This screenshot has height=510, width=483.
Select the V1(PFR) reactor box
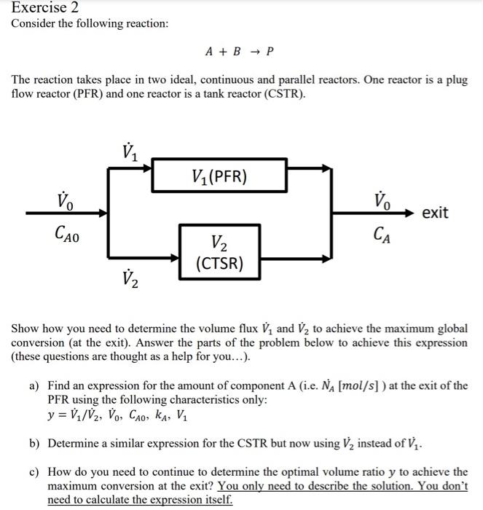pyautogui.click(x=219, y=176)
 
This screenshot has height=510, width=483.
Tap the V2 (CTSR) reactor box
pyautogui.click(x=219, y=252)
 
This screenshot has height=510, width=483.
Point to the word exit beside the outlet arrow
pyautogui.click(x=436, y=213)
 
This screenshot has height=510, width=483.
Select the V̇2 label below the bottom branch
pyautogui.click(x=133, y=278)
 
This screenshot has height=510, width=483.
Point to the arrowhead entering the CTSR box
pyautogui.click(x=175, y=258)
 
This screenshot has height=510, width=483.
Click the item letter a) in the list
pyautogui.click(x=34, y=385)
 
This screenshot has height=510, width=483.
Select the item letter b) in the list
pyautogui.click(x=34, y=442)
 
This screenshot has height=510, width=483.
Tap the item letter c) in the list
pyautogui.click(x=34, y=472)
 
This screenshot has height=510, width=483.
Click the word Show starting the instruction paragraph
pyautogui.click(x=24, y=329)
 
